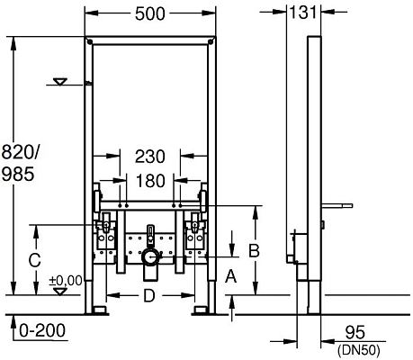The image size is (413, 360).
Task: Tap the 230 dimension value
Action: tap(150, 156)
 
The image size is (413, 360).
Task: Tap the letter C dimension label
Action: tap(33, 261)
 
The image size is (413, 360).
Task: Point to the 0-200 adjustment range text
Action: tap(35, 331)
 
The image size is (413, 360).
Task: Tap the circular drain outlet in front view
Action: tap(150, 258)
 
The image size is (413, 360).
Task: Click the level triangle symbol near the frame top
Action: tap(60, 82)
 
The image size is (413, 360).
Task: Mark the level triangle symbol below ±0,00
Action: tap(60, 291)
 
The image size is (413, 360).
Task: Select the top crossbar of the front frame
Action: tap(151, 44)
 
